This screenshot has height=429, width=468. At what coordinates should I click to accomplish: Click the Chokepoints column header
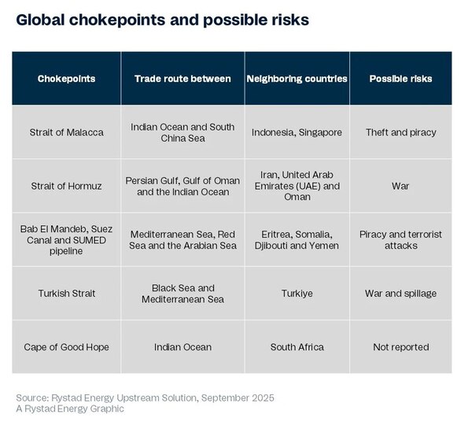pyautogui.click(x=66, y=79)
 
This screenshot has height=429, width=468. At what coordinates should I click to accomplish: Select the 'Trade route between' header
pyautogui.click(x=182, y=79)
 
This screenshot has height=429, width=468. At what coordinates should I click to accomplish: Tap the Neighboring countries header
pyautogui.click(x=297, y=79)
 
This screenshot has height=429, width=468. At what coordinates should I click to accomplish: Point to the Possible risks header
pyautogui.click(x=400, y=79)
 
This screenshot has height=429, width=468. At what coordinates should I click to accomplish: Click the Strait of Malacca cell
pyautogui.click(x=66, y=132)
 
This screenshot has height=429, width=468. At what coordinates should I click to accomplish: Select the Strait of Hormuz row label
pyautogui.click(x=66, y=186)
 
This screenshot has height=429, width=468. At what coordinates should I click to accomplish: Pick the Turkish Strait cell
pyautogui.click(x=67, y=293)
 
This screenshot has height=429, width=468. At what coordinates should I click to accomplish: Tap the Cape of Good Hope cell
pyautogui.click(x=66, y=347)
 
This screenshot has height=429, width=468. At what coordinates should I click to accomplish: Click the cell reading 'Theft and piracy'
pyautogui.click(x=401, y=132)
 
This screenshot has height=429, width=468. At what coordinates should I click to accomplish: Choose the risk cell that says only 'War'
pyautogui.click(x=400, y=186)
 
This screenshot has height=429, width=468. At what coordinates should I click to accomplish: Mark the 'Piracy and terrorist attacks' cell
pyautogui.click(x=400, y=239)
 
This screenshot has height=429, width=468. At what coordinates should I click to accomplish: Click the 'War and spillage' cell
pyautogui.click(x=400, y=293)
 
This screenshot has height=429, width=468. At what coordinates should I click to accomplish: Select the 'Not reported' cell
pyautogui.click(x=401, y=347)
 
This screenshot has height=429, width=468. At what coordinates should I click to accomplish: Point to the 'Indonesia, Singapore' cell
pyautogui.click(x=297, y=132)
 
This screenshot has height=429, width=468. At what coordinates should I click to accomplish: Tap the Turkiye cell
pyautogui.click(x=297, y=293)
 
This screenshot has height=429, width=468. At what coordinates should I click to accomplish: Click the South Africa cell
pyautogui.click(x=297, y=347)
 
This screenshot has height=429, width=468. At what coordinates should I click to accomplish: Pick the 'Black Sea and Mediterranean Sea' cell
pyautogui.click(x=182, y=294)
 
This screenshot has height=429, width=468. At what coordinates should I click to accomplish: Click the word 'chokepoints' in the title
pyautogui.click(x=117, y=20)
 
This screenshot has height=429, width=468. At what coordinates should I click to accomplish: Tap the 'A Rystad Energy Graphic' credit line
pyautogui.click(x=70, y=409)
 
